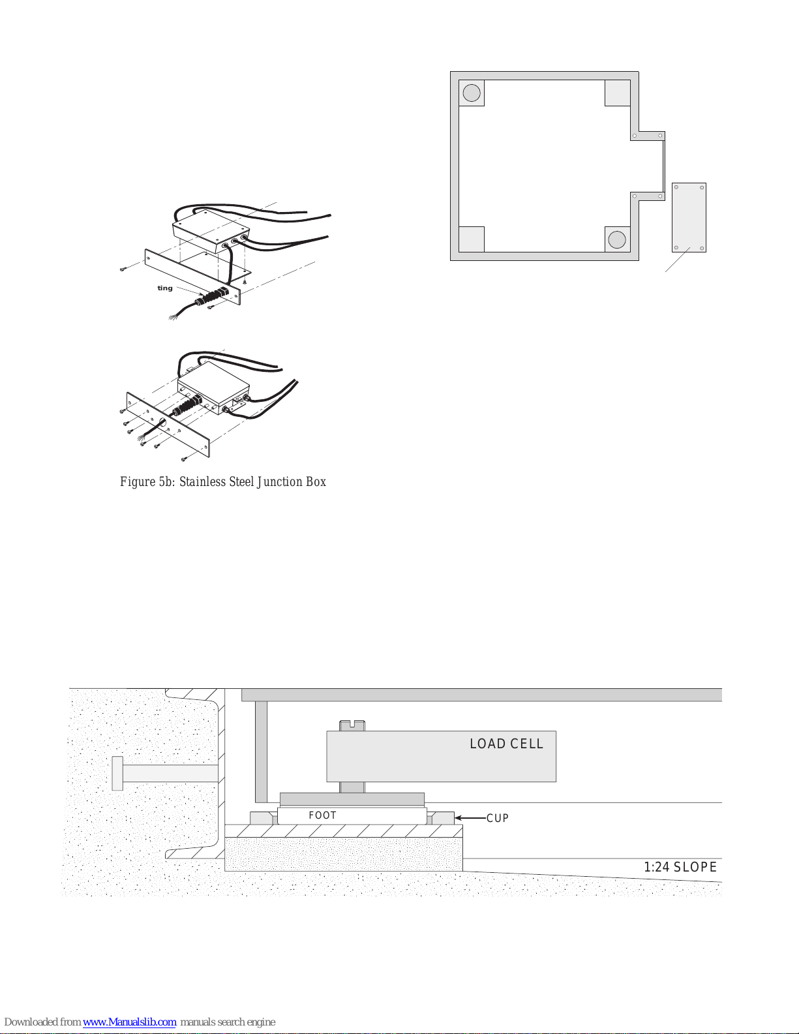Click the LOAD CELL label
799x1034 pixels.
coord(506,744)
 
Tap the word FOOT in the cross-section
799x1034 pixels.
coord(322,815)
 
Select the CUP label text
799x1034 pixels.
coord(498,818)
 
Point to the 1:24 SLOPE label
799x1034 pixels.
coord(680,867)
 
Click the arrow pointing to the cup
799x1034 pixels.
coord(470,817)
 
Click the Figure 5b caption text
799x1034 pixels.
coord(223,482)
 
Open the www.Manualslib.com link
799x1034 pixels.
coord(129,1022)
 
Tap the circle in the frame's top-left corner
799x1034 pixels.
coord(472,93)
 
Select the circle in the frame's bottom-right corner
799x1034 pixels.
coord(617,239)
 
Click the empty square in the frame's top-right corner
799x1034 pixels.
coord(618,93)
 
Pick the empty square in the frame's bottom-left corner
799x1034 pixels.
coord(472,239)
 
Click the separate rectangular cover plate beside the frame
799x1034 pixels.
coord(689,217)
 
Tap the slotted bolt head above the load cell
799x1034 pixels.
coord(352,725)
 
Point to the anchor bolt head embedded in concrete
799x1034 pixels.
coord(117,774)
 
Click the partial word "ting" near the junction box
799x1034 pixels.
coord(165,288)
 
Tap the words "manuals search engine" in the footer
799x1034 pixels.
coord(228,1022)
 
